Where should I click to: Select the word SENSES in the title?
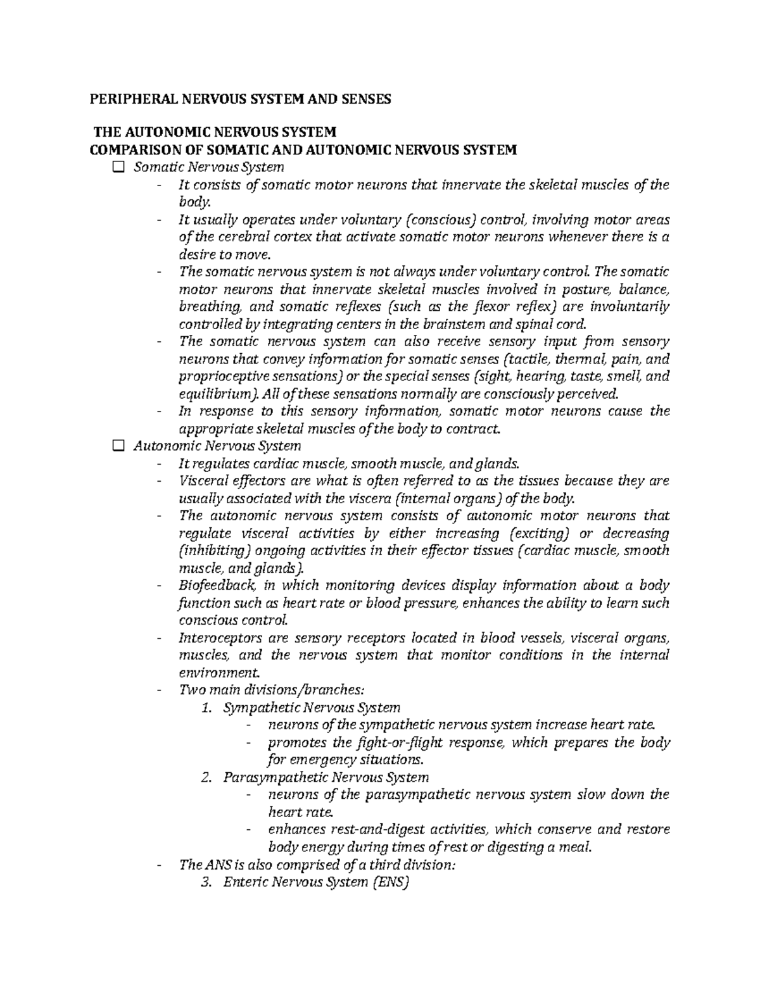(x=364, y=99)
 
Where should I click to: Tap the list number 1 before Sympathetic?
(x=205, y=708)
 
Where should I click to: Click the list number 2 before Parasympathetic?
(x=205, y=777)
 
